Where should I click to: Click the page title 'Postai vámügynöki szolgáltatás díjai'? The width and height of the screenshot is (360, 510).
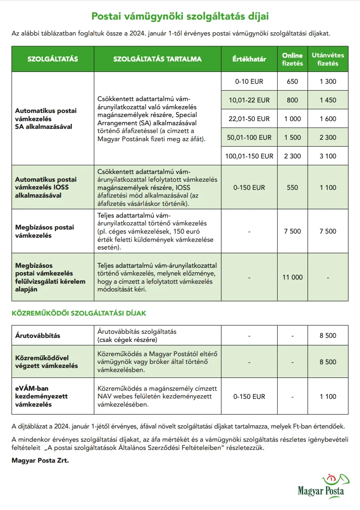pyautogui.click(x=180, y=16)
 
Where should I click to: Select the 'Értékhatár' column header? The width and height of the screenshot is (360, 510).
pyautogui.click(x=249, y=59)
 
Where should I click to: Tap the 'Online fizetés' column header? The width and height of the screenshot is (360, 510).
pyautogui.click(x=292, y=59)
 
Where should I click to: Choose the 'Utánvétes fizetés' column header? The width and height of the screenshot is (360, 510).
pyautogui.click(x=328, y=59)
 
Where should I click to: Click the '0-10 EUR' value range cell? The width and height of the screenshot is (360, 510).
pyautogui.click(x=249, y=82)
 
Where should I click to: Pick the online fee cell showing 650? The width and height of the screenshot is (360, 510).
pyautogui.click(x=292, y=82)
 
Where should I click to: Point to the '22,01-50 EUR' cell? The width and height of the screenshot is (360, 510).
pyautogui.click(x=249, y=119)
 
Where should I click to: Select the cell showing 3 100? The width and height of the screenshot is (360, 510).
pyautogui.click(x=328, y=156)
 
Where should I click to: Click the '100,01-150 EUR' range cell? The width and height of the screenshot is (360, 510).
pyautogui.click(x=249, y=156)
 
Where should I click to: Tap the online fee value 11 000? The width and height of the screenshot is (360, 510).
pyautogui.click(x=292, y=277)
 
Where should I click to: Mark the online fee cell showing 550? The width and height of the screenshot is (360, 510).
pyautogui.click(x=292, y=187)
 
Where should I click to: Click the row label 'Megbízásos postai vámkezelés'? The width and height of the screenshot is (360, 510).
pyautogui.click(x=45, y=231)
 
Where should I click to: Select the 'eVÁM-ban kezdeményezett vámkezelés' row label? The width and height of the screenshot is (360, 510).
pyautogui.click(x=41, y=397)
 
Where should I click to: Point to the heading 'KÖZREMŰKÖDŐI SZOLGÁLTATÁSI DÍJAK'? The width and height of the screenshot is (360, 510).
pyautogui.click(x=79, y=313)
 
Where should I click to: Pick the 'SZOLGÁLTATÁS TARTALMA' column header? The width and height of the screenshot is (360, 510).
pyautogui.click(x=157, y=59)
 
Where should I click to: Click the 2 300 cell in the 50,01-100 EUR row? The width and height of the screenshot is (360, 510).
pyautogui.click(x=328, y=138)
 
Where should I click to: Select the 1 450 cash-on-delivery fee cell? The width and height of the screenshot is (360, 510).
pyautogui.click(x=328, y=100)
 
